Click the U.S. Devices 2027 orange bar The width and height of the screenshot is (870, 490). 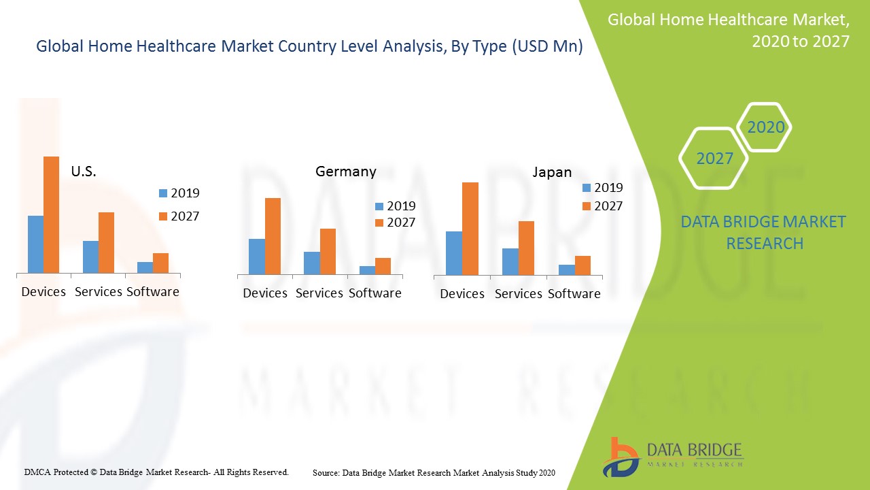[x=52, y=215]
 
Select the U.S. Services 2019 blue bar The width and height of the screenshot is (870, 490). [x=90, y=257]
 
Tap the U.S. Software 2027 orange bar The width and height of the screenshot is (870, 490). [x=160, y=263]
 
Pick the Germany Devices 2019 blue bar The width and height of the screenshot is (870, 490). [x=257, y=257]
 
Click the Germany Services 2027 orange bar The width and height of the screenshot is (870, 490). [x=328, y=252]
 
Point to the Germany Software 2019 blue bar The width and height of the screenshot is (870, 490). [x=367, y=270]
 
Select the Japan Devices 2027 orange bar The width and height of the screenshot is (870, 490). [x=470, y=229]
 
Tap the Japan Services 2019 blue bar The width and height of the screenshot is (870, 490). [x=510, y=262]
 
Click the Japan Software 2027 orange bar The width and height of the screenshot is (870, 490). [x=582, y=265]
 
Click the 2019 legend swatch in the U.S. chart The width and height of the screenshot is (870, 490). [x=162, y=193]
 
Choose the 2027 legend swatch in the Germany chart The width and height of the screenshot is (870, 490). [x=379, y=223]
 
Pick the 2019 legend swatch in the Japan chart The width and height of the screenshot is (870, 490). [x=587, y=188]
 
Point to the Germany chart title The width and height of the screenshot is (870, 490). [x=345, y=171]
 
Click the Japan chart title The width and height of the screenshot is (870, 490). [x=552, y=172]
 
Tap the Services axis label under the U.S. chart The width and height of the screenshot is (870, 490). [x=98, y=292]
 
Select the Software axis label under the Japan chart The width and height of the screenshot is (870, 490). [x=574, y=294]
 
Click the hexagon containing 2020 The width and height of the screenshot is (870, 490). [x=765, y=127]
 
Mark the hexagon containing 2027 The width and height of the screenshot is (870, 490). [x=714, y=159]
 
